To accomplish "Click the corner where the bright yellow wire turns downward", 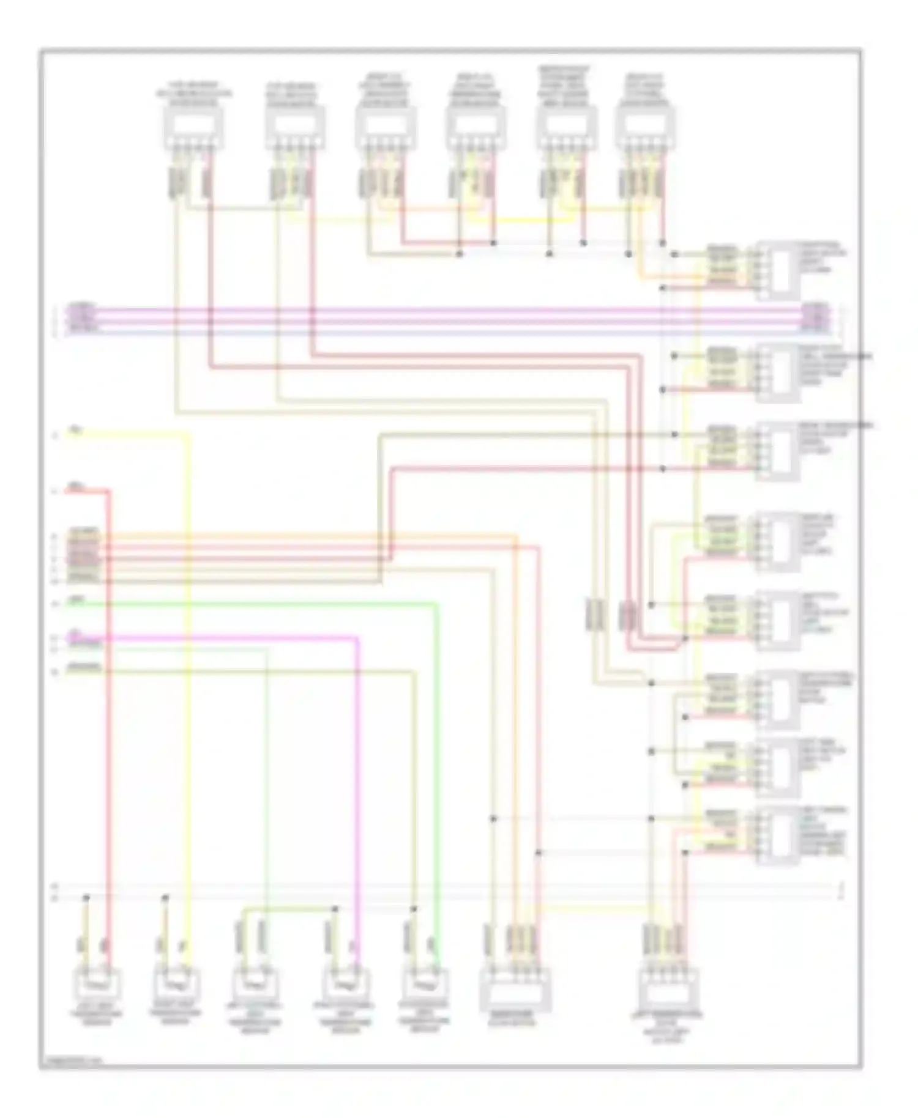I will [187, 435].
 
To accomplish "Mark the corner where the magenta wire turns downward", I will [357, 639].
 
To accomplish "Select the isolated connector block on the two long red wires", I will [628, 615].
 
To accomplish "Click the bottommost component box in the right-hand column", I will [778, 835].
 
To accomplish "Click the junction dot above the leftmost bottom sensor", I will [86, 898].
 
